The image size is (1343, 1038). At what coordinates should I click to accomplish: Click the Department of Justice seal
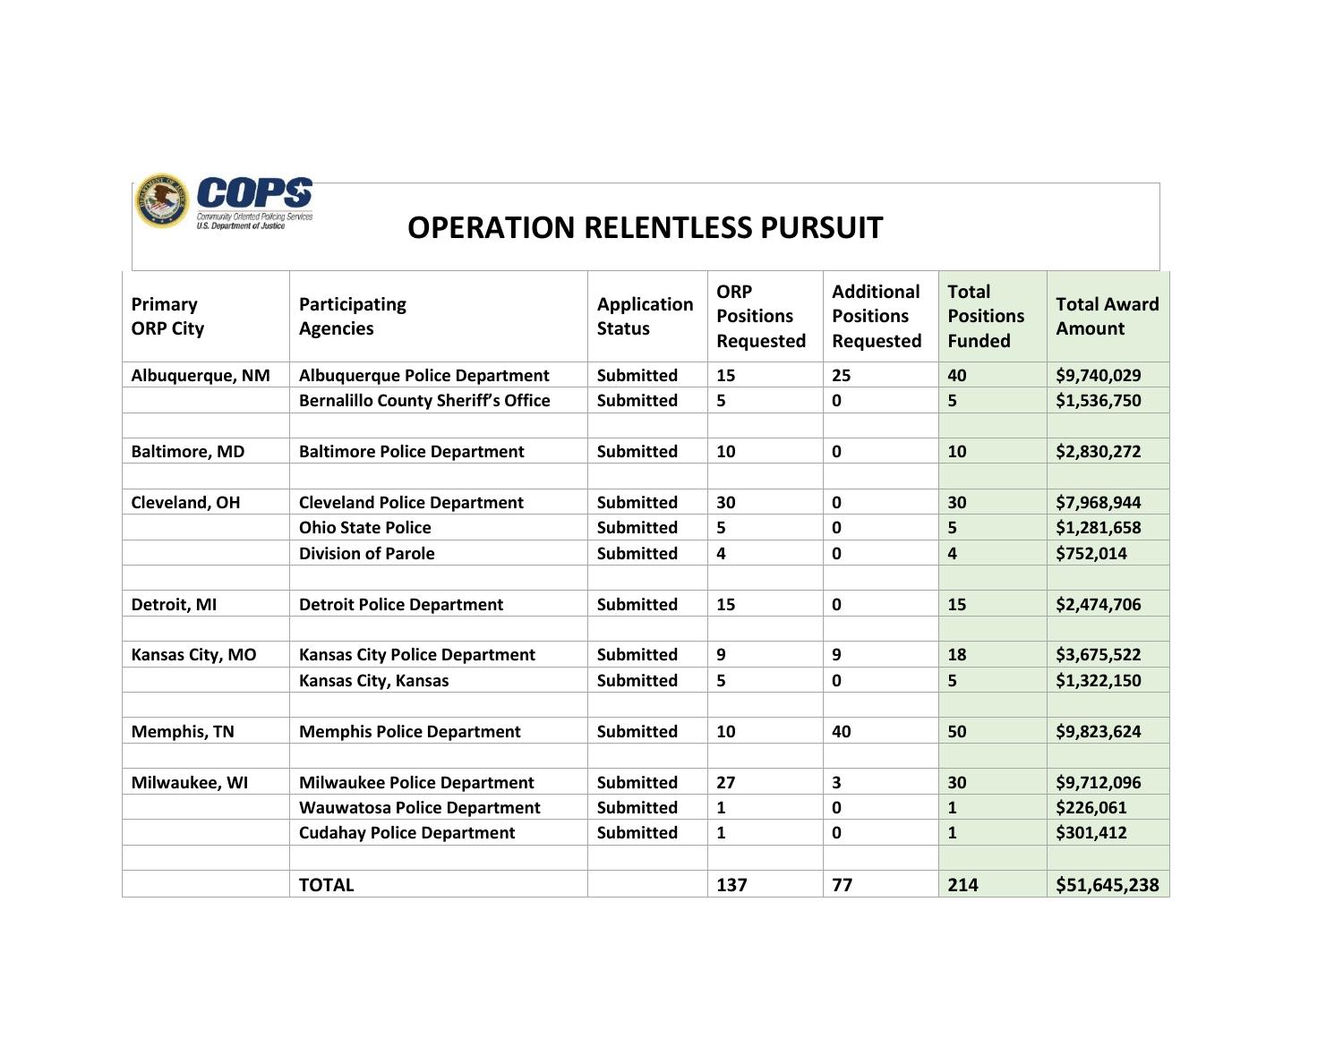coord(161,200)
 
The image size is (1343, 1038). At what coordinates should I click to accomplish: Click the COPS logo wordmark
coord(254,193)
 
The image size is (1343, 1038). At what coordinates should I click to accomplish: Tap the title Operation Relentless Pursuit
coord(645,227)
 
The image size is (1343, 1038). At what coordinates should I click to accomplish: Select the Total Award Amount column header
coord(1107,316)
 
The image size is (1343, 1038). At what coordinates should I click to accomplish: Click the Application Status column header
coord(645,316)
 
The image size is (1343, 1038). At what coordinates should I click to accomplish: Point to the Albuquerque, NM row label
coord(201,375)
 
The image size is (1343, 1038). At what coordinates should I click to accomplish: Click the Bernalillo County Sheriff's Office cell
coord(424,400)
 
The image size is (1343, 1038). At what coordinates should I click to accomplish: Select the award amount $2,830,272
coord(1098,451)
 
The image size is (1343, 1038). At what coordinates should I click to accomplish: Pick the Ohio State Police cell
coord(365,527)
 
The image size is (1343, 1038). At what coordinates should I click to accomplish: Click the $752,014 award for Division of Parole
coord(1091,553)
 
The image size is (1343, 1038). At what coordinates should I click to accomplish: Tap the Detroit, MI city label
coord(174,604)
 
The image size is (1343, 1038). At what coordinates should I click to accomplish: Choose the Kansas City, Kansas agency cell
coord(373,680)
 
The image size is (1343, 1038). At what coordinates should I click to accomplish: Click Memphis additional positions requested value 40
coord(841,731)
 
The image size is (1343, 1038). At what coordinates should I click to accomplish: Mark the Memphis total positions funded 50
coord(956,731)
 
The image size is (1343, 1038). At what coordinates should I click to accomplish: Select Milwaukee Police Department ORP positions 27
coord(725,782)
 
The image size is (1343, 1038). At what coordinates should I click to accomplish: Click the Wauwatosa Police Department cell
coord(419,807)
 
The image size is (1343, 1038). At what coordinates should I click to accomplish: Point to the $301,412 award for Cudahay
coord(1091,832)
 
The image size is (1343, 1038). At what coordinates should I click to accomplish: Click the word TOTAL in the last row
coord(326,885)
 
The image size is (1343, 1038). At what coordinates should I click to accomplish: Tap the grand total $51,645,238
coord(1107,885)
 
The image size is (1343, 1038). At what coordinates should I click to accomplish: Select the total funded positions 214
coord(962,885)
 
